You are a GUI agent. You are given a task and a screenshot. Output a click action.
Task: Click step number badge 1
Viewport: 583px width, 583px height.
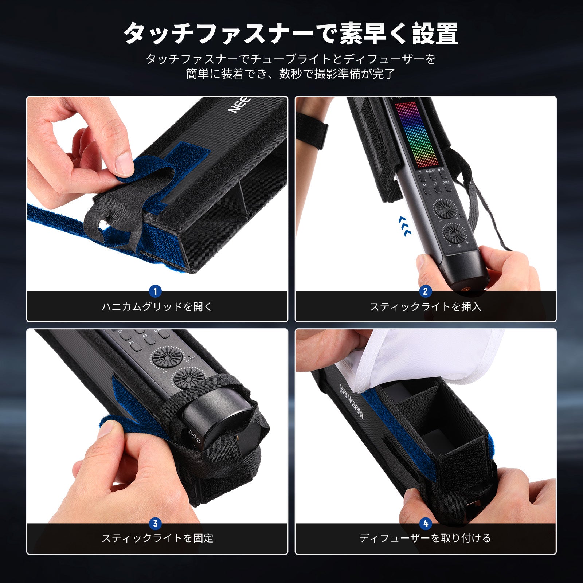[x=155, y=291]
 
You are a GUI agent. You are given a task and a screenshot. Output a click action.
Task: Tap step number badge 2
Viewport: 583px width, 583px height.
[x=425, y=291]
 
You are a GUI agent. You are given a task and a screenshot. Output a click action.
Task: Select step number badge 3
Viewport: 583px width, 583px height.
[x=155, y=524]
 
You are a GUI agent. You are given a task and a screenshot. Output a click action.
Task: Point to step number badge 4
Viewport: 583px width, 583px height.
[x=425, y=524]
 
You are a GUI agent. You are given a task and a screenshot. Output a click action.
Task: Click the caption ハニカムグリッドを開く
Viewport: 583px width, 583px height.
[x=157, y=306]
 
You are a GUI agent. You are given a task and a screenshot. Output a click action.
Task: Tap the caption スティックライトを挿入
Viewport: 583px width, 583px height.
[x=426, y=306]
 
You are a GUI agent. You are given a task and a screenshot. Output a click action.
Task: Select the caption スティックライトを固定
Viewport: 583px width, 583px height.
[x=157, y=538]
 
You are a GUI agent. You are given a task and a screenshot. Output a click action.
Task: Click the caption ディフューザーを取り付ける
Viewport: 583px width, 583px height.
[x=425, y=538]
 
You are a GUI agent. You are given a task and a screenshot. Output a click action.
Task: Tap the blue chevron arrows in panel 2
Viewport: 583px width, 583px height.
[x=405, y=226]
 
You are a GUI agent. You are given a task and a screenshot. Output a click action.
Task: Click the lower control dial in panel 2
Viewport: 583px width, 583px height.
[x=454, y=233]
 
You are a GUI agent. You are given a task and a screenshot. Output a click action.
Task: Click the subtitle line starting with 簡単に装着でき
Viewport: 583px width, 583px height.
[x=290, y=74]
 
